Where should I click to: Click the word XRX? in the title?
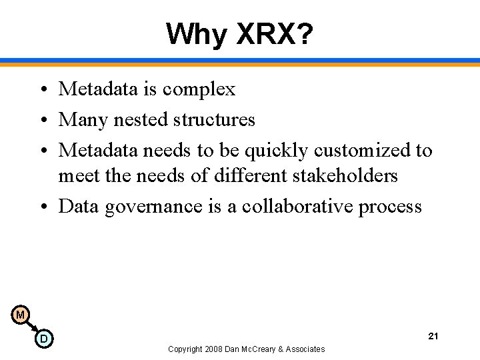click(x=275, y=33)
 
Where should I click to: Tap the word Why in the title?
click(x=197, y=33)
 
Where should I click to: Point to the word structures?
click(x=214, y=119)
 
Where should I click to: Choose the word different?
click(x=244, y=175)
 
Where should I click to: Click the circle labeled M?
click(x=20, y=315)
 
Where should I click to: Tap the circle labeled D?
click(x=43, y=339)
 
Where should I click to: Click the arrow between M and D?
click(x=31, y=327)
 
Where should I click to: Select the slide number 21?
click(x=433, y=335)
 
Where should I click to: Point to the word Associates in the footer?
click(x=303, y=349)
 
